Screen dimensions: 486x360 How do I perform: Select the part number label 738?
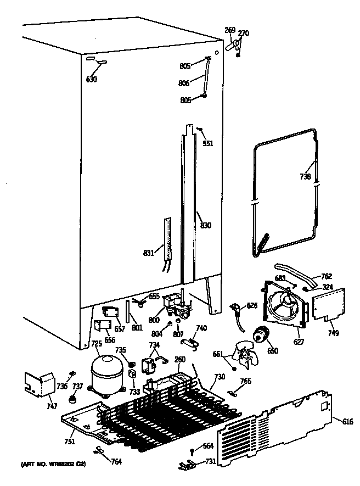point(306,176)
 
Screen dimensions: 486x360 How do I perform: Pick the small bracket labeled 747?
point(38,383)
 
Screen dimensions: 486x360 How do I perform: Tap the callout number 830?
point(206,225)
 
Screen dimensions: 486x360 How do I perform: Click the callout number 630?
point(91,80)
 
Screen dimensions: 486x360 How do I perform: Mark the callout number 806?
point(184,83)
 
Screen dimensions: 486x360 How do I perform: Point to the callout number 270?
point(243,33)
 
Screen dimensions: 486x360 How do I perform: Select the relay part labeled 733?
point(132,375)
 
